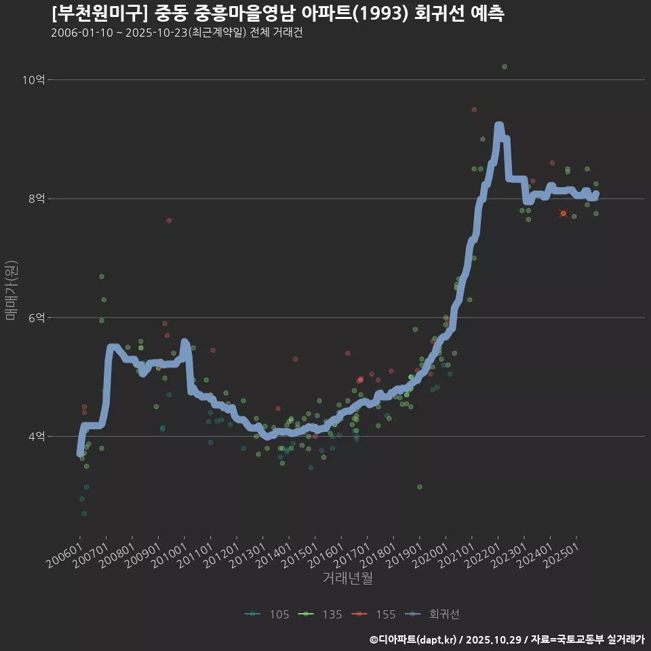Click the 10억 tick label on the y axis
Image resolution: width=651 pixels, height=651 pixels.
34,80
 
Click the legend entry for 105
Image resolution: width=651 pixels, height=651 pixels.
269,614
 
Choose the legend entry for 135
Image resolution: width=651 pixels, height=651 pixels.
321,614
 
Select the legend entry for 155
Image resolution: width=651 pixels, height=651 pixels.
374,614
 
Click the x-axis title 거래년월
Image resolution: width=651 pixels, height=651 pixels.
347,578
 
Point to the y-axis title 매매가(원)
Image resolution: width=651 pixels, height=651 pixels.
11,290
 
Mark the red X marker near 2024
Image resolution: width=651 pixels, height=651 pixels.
564,214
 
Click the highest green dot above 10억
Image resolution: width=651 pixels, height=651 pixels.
505,66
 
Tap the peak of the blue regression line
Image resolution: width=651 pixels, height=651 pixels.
498,126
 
